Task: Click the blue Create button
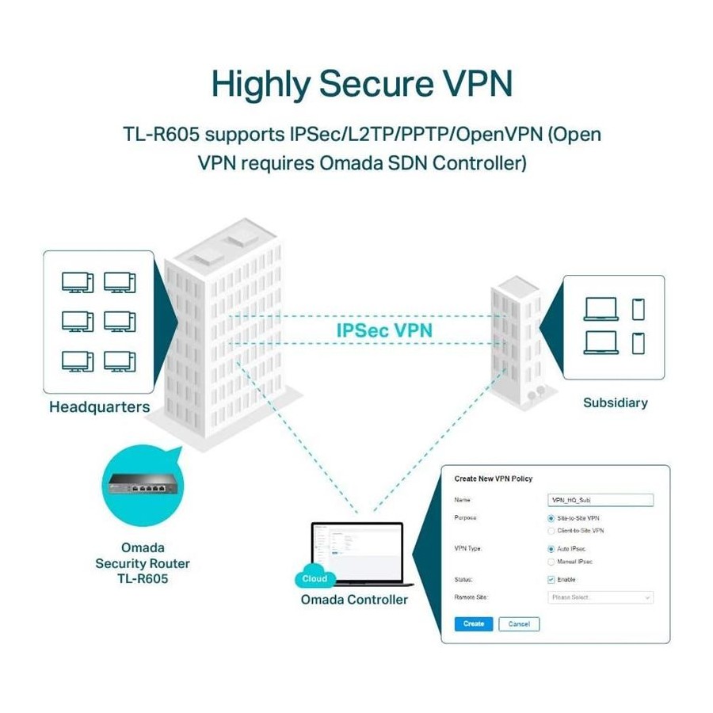click(474, 623)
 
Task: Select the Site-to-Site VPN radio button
click(551, 517)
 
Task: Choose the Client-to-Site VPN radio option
click(551, 530)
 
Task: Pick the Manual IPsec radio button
click(551, 561)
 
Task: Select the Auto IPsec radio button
click(551, 548)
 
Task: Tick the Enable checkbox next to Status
click(551, 579)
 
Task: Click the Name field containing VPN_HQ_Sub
click(601, 500)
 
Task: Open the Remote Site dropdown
click(601, 597)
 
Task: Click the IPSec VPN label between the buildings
click(385, 330)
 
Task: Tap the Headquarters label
click(99, 407)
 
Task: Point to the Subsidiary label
click(615, 402)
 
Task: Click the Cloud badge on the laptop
click(315, 579)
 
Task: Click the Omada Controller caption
click(354, 600)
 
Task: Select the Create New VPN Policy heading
click(493, 479)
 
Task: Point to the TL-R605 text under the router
click(143, 579)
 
